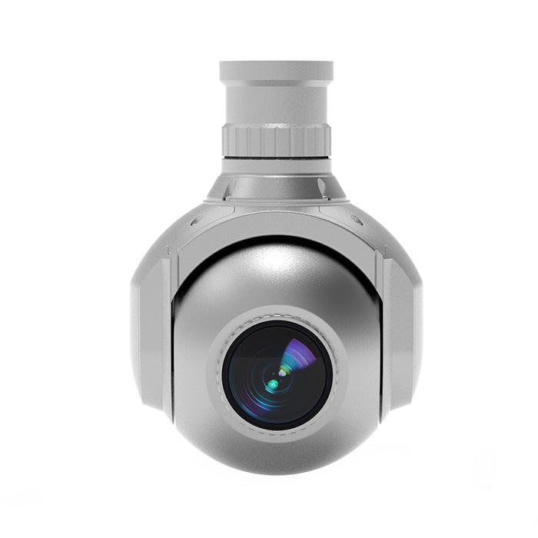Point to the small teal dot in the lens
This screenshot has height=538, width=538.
tap(272, 382)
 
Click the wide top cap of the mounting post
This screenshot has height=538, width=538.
tap(276, 71)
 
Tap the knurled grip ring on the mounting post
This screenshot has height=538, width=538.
tap(276, 141)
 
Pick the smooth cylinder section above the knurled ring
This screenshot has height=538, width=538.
tap(276, 103)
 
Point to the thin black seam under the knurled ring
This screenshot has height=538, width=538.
tap(276, 158)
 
